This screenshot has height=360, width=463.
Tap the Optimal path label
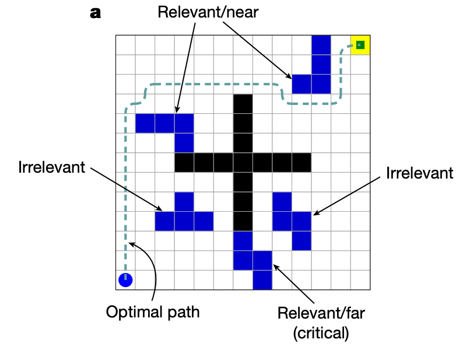153,312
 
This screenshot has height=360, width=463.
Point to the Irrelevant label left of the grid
52,167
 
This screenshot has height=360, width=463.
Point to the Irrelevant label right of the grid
419,173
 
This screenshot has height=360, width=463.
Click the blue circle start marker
125,279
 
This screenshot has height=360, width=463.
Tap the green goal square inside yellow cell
360,45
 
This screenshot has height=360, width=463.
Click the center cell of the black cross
243,162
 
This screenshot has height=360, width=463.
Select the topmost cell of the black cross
243,103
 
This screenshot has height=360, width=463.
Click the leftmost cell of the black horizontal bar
184,162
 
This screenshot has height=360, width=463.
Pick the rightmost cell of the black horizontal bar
301,162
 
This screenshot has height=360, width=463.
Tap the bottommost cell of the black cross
243,221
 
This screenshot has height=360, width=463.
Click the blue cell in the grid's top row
321,45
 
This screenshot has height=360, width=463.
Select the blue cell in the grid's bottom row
262,280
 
